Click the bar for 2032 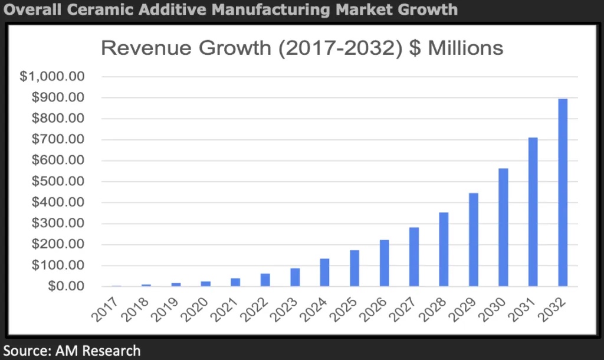pyautogui.click(x=563, y=192)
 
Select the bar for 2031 pyautogui.click(x=533, y=212)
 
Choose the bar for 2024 pyautogui.click(x=324, y=272)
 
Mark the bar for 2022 pyautogui.click(x=265, y=280)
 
